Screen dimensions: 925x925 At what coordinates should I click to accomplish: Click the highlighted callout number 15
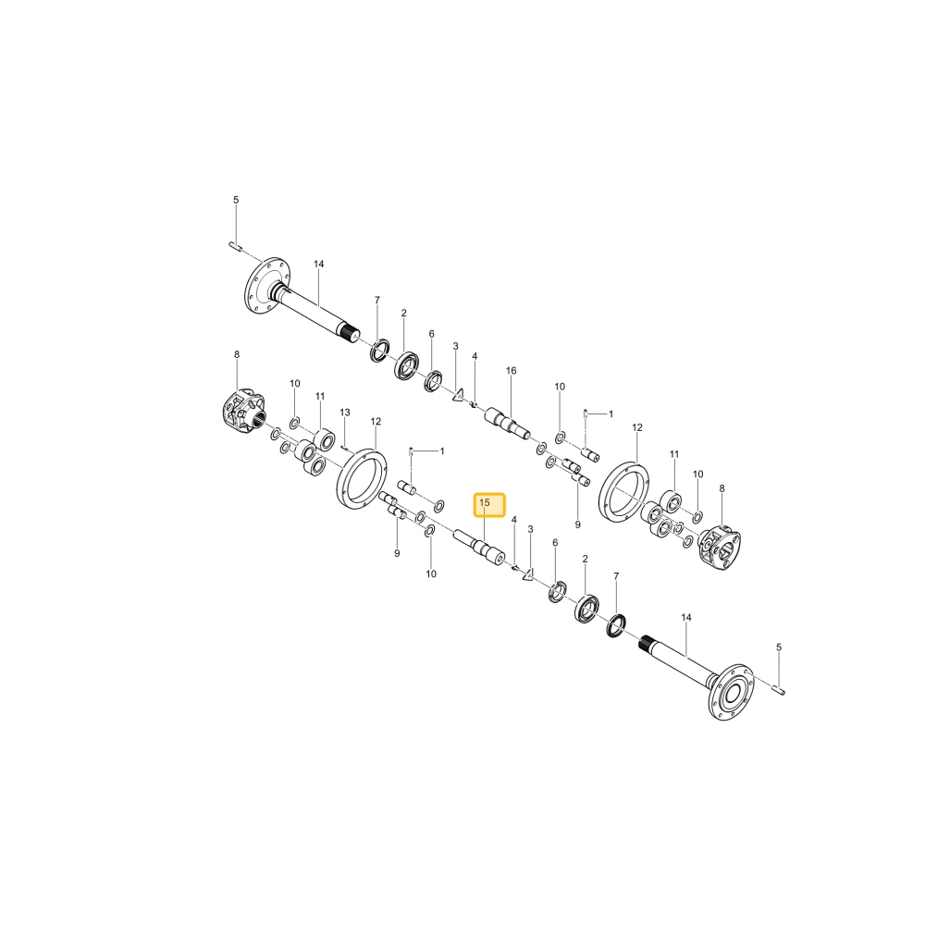[485, 502]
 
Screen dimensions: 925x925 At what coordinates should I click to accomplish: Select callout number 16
[511, 371]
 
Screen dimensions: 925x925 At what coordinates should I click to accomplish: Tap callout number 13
[345, 412]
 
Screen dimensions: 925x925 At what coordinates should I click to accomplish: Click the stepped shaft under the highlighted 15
[479, 547]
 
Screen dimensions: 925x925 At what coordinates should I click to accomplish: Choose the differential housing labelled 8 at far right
[719, 545]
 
